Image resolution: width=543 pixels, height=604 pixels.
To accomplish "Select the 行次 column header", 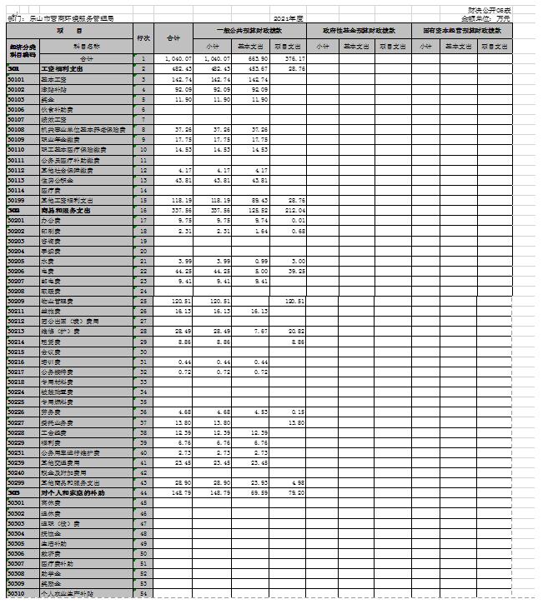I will [x=143, y=38].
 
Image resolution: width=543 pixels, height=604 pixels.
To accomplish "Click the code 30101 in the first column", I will [x=15, y=77].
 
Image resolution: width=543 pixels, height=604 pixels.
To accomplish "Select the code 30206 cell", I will [x=15, y=272].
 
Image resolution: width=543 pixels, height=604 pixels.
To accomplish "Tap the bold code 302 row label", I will [x=13, y=211].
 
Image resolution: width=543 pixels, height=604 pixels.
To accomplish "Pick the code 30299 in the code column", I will [x=15, y=483].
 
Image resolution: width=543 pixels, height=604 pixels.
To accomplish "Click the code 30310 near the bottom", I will [x=15, y=594].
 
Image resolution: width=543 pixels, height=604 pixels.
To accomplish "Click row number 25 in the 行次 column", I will [x=143, y=300].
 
